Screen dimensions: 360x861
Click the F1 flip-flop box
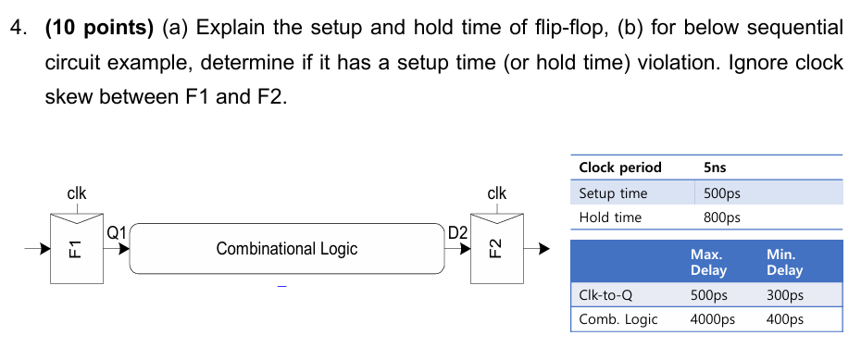[x=76, y=247]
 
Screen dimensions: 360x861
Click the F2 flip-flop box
[x=495, y=247]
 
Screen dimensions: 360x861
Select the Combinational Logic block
[x=286, y=248]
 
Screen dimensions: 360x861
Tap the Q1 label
[x=117, y=232]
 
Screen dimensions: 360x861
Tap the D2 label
[x=457, y=232]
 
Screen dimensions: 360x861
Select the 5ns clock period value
[x=715, y=168]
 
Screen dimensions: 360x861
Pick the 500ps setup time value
[x=722, y=193]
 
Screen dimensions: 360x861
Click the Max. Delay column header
[x=709, y=261]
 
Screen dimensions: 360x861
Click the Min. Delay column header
[x=784, y=261]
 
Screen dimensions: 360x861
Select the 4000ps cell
[x=713, y=319]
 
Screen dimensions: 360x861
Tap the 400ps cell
[x=784, y=319]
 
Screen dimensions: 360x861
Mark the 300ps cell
[x=784, y=296]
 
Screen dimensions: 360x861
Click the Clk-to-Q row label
[x=605, y=296]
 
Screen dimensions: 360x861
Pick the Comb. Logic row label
[x=618, y=319]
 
